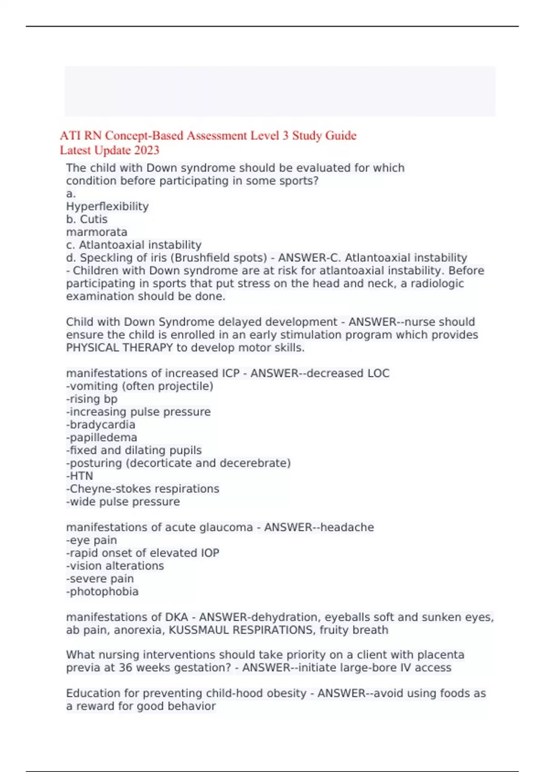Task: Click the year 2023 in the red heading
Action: (x=147, y=150)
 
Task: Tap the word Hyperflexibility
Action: (x=107, y=207)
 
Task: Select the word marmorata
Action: (x=97, y=232)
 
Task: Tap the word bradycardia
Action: (x=103, y=425)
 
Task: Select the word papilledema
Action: (x=103, y=438)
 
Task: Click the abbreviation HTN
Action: (x=81, y=476)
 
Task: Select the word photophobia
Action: (x=104, y=592)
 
